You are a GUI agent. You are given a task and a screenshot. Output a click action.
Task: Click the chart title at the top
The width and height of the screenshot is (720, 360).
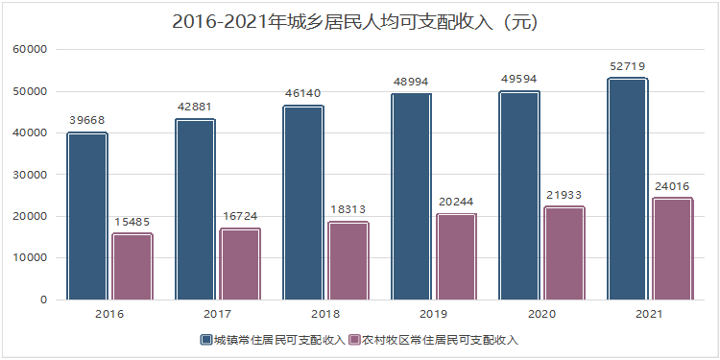pyautogui.click(x=359, y=20)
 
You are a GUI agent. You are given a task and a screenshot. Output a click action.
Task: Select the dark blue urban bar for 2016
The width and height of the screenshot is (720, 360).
pyautogui.click(x=86, y=216)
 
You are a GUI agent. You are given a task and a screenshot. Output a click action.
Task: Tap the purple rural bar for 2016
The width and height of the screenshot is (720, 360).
pyautogui.click(x=132, y=266)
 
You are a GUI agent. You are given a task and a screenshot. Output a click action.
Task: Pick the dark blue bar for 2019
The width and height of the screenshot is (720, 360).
pyautogui.click(x=411, y=196)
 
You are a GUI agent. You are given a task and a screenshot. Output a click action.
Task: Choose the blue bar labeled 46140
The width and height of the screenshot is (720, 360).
pyautogui.click(x=302, y=203)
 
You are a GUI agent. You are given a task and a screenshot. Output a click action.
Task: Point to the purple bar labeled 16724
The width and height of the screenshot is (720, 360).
pyautogui.click(x=240, y=263)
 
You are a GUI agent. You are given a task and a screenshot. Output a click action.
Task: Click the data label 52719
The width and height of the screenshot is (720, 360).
pyautogui.click(x=628, y=65)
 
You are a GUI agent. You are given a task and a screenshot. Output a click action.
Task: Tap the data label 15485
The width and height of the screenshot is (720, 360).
pyautogui.click(x=132, y=222)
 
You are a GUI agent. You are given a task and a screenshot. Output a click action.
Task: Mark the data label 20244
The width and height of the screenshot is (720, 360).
pyautogui.click(x=456, y=202)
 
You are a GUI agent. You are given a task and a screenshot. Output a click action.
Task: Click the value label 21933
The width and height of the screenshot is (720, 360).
pyautogui.click(x=564, y=195)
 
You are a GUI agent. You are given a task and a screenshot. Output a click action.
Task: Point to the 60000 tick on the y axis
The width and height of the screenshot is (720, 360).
pyautogui.click(x=30, y=50)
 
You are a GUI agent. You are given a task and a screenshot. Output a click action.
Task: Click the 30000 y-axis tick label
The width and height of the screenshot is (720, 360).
pyautogui.click(x=30, y=175)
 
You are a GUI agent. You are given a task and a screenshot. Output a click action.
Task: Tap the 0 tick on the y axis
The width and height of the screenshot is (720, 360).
pyautogui.click(x=44, y=300)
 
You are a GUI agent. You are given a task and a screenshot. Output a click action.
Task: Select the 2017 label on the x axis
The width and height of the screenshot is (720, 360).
pyautogui.click(x=218, y=313)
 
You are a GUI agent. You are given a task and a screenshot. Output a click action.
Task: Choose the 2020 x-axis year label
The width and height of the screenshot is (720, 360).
pyautogui.click(x=541, y=313)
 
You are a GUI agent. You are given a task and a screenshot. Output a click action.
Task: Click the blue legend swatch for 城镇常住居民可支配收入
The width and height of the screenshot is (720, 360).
pyautogui.click(x=205, y=340)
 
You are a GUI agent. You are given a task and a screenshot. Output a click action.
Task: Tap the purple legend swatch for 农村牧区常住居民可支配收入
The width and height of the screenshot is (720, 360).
pyautogui.click(x=353, y=340)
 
